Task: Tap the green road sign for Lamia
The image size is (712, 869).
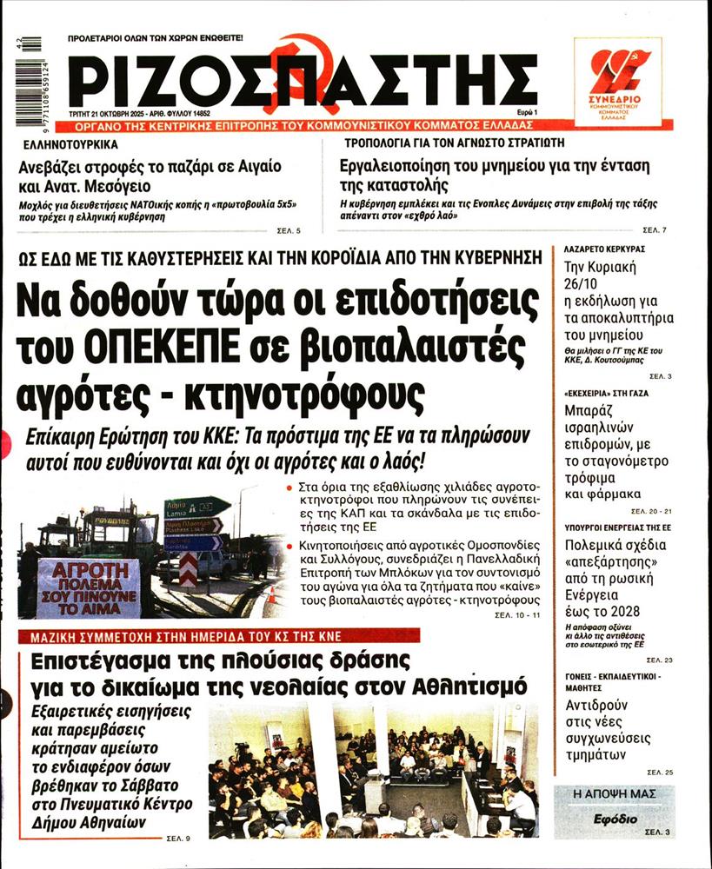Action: [x=196, y=507]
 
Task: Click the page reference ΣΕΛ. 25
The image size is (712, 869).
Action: [x=659, y=772]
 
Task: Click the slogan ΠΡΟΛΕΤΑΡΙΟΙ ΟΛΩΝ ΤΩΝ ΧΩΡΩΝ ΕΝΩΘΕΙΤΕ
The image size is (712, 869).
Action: [x=156, y=38]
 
